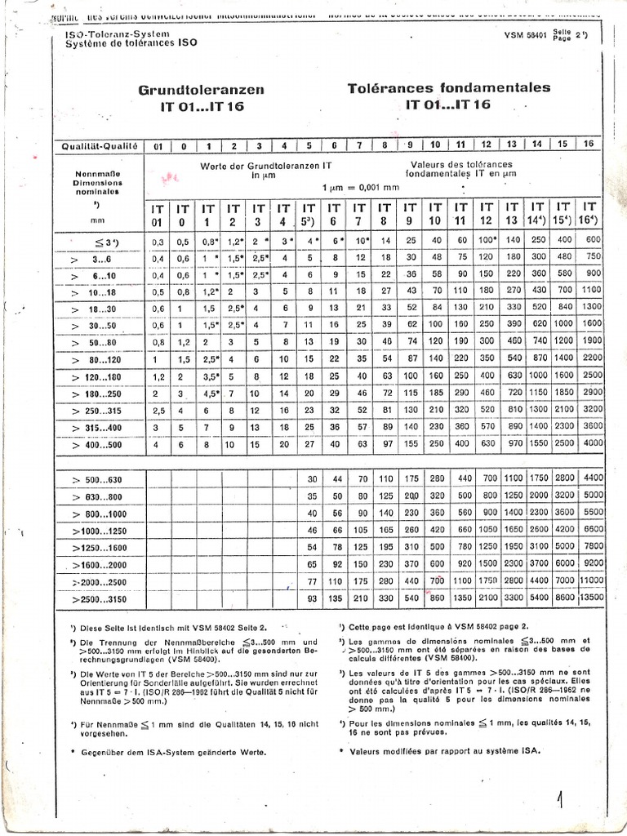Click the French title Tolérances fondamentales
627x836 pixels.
pos(448,88)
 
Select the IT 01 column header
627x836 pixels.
pos(158,214)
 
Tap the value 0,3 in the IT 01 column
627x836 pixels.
pos(158,240)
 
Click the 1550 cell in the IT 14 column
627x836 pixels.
pos(536,443)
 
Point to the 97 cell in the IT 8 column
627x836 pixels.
pos(386,443)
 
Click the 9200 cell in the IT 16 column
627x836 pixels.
pos(591,563)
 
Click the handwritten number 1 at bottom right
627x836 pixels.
pos(561,797)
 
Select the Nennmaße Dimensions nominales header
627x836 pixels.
pos(97,184)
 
